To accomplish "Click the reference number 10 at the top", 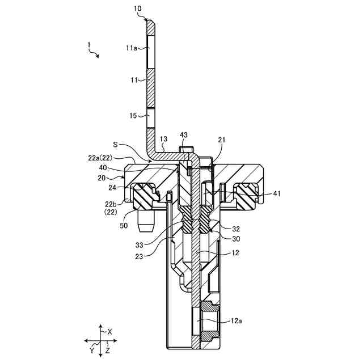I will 138,9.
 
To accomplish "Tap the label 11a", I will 132,49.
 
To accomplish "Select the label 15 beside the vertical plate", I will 133,116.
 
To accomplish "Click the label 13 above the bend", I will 163,139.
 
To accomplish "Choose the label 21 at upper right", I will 222,140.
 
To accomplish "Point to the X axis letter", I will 110,331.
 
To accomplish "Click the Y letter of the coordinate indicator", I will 91,351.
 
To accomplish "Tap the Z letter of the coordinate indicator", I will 108,352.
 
